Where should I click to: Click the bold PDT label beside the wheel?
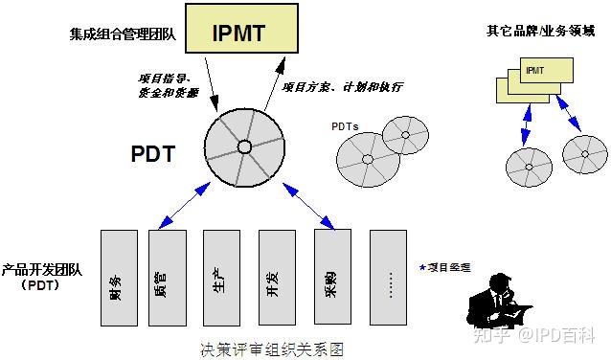tap(153, 152)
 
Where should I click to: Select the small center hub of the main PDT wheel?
tap(243, 146)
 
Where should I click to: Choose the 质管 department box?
tap(168, 276)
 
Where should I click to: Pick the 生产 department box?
tap(221, 276)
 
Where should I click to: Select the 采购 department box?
tap(331, 276)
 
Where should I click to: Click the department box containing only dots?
tap(388, 276)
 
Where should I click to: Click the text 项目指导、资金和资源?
tap(165, 83)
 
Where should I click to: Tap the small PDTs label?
tap(345, 125)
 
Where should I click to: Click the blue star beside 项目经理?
tap(421, 267)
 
